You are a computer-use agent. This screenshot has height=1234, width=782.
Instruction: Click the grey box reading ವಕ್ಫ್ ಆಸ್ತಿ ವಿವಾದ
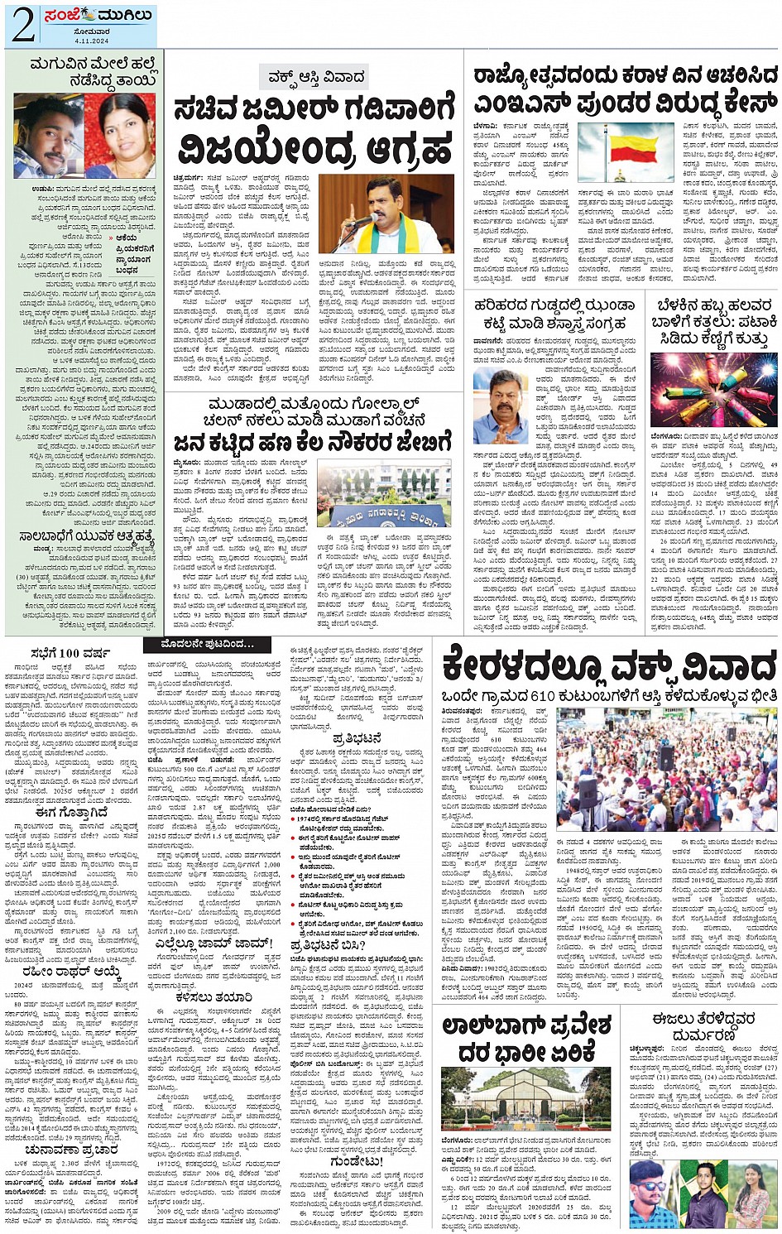(314, 78)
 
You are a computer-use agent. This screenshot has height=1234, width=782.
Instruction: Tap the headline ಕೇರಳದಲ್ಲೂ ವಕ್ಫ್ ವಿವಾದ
(608, 666)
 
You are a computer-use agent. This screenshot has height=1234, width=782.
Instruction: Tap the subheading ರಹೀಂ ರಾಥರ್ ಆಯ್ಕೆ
(73, 972)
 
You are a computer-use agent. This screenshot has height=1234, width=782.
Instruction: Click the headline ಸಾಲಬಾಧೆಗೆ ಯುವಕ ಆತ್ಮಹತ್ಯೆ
(81, 535)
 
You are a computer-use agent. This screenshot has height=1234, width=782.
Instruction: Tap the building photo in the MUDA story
(383, 492)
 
